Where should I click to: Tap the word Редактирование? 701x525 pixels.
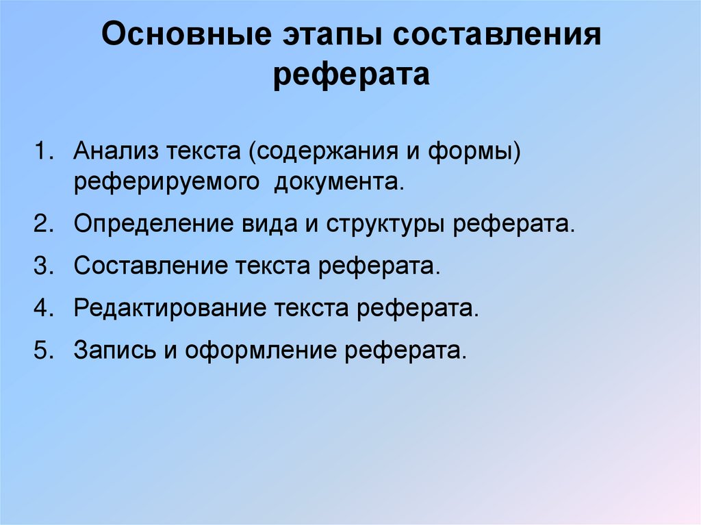point(170,307)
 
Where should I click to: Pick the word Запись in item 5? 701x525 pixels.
point(114,350)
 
